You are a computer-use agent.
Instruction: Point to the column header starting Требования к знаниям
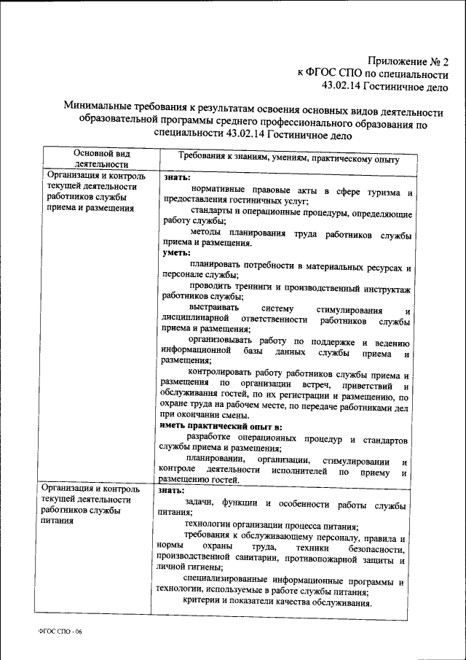click(x=288, y=158)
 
